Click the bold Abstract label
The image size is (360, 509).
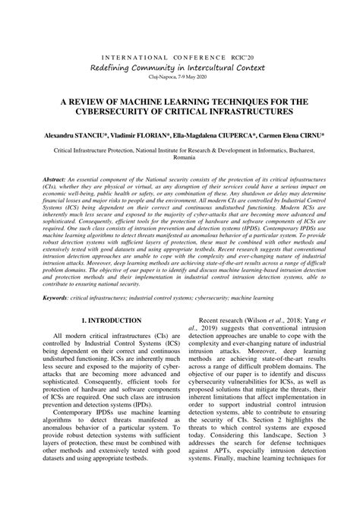point(55,179)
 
